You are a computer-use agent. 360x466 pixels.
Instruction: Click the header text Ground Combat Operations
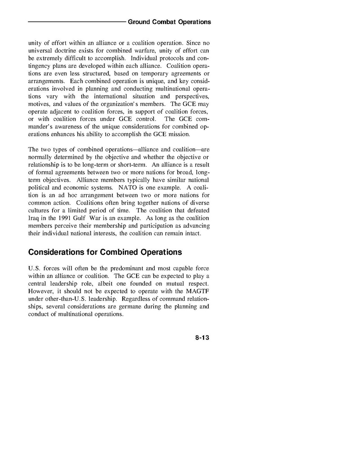click(x=169, y=22)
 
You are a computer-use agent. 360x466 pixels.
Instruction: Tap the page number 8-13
click(x=202, y=338)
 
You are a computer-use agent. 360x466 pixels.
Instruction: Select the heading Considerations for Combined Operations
click(x=105, y=252)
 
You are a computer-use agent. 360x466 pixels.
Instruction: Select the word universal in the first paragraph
click(x=41, y=51)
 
